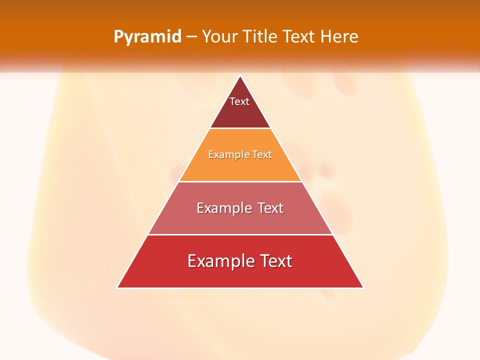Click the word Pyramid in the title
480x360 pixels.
tap(147, 37)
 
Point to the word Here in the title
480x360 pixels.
tap(339, 37)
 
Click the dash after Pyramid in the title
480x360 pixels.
tap(191, 37)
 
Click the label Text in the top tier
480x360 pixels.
tap(239, 101)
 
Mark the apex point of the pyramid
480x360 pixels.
tap(240, 76)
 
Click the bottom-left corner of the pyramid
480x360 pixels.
tap(117, 287)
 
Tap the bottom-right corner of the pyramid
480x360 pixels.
tap(363, 287)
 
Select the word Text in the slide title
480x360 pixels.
tap(299, 37)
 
